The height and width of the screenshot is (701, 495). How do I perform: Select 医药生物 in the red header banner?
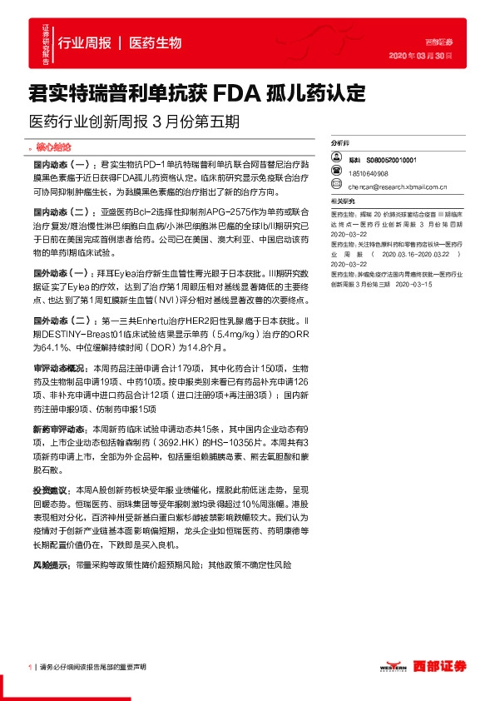[156, 43]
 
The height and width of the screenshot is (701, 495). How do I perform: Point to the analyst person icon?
[334, 159]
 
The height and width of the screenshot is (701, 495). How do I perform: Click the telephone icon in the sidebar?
[334, 174]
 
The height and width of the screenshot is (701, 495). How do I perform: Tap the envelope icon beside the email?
[334, 188]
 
